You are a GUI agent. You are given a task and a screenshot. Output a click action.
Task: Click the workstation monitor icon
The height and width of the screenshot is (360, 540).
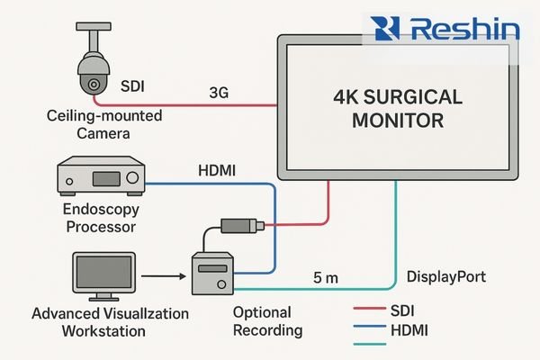pos(106,276)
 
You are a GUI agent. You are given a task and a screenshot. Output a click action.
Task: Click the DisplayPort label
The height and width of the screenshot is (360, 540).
pos(447,276)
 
